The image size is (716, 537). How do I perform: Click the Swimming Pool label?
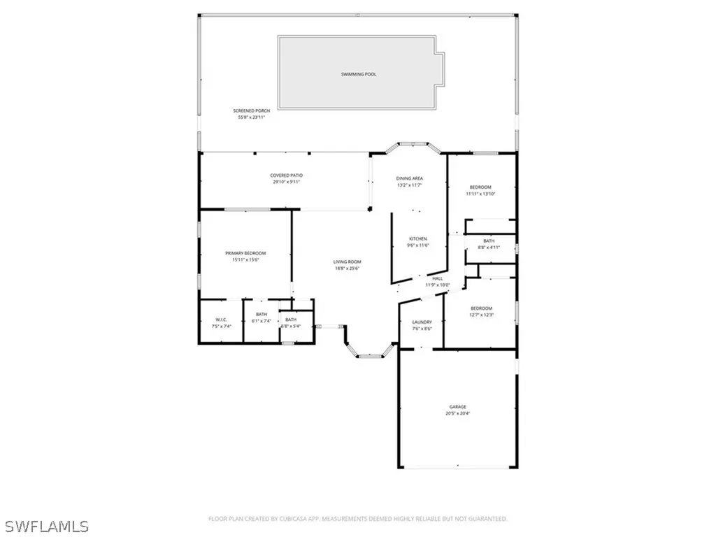pyautogui.click(x=359, y=74)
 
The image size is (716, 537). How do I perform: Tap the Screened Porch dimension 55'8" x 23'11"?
pyautogui.click(x=252, y=117)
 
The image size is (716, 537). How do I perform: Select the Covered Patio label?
pyautogui.click(x=287, y=176)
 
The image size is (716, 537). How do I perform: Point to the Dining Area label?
pyautogui.click(x=410, y=179)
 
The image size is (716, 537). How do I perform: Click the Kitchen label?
pyautogui.click(x=417, y=239)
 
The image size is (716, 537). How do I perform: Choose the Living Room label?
pyautogui.click(x=347, y=262)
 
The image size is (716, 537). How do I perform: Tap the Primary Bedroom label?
pyautogui.click(x=245, y=253)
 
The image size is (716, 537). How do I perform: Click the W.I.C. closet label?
pyautogui.click(x=220, y=320)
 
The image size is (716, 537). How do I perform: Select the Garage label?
pyautogui.click(x=458, y=407)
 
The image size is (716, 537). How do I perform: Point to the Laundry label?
pyautogui.click(x=422, y=322)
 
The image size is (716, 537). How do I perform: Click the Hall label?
pyautogui.click(x=438, y=279)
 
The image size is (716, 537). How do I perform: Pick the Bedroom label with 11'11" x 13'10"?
pyautogui.click(x=480, y=187)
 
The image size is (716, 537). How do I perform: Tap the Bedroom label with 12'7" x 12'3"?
pyautogui.click(x=481, y=308)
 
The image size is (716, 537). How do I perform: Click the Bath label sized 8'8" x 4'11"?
pyautogui.click(x=489, y=241)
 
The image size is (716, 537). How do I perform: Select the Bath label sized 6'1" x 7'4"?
pyautogui.click(x=262, y=315)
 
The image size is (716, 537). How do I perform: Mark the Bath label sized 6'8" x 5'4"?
pyautogui.click(x=291, y=320)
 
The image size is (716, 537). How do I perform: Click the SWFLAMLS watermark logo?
pyautogui.click(x=45, y=525)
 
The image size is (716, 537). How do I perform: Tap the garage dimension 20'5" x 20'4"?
pyautogui.click(x=458, y=413)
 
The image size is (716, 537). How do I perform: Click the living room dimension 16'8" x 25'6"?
pyautogui.click(x=347, y=268)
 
